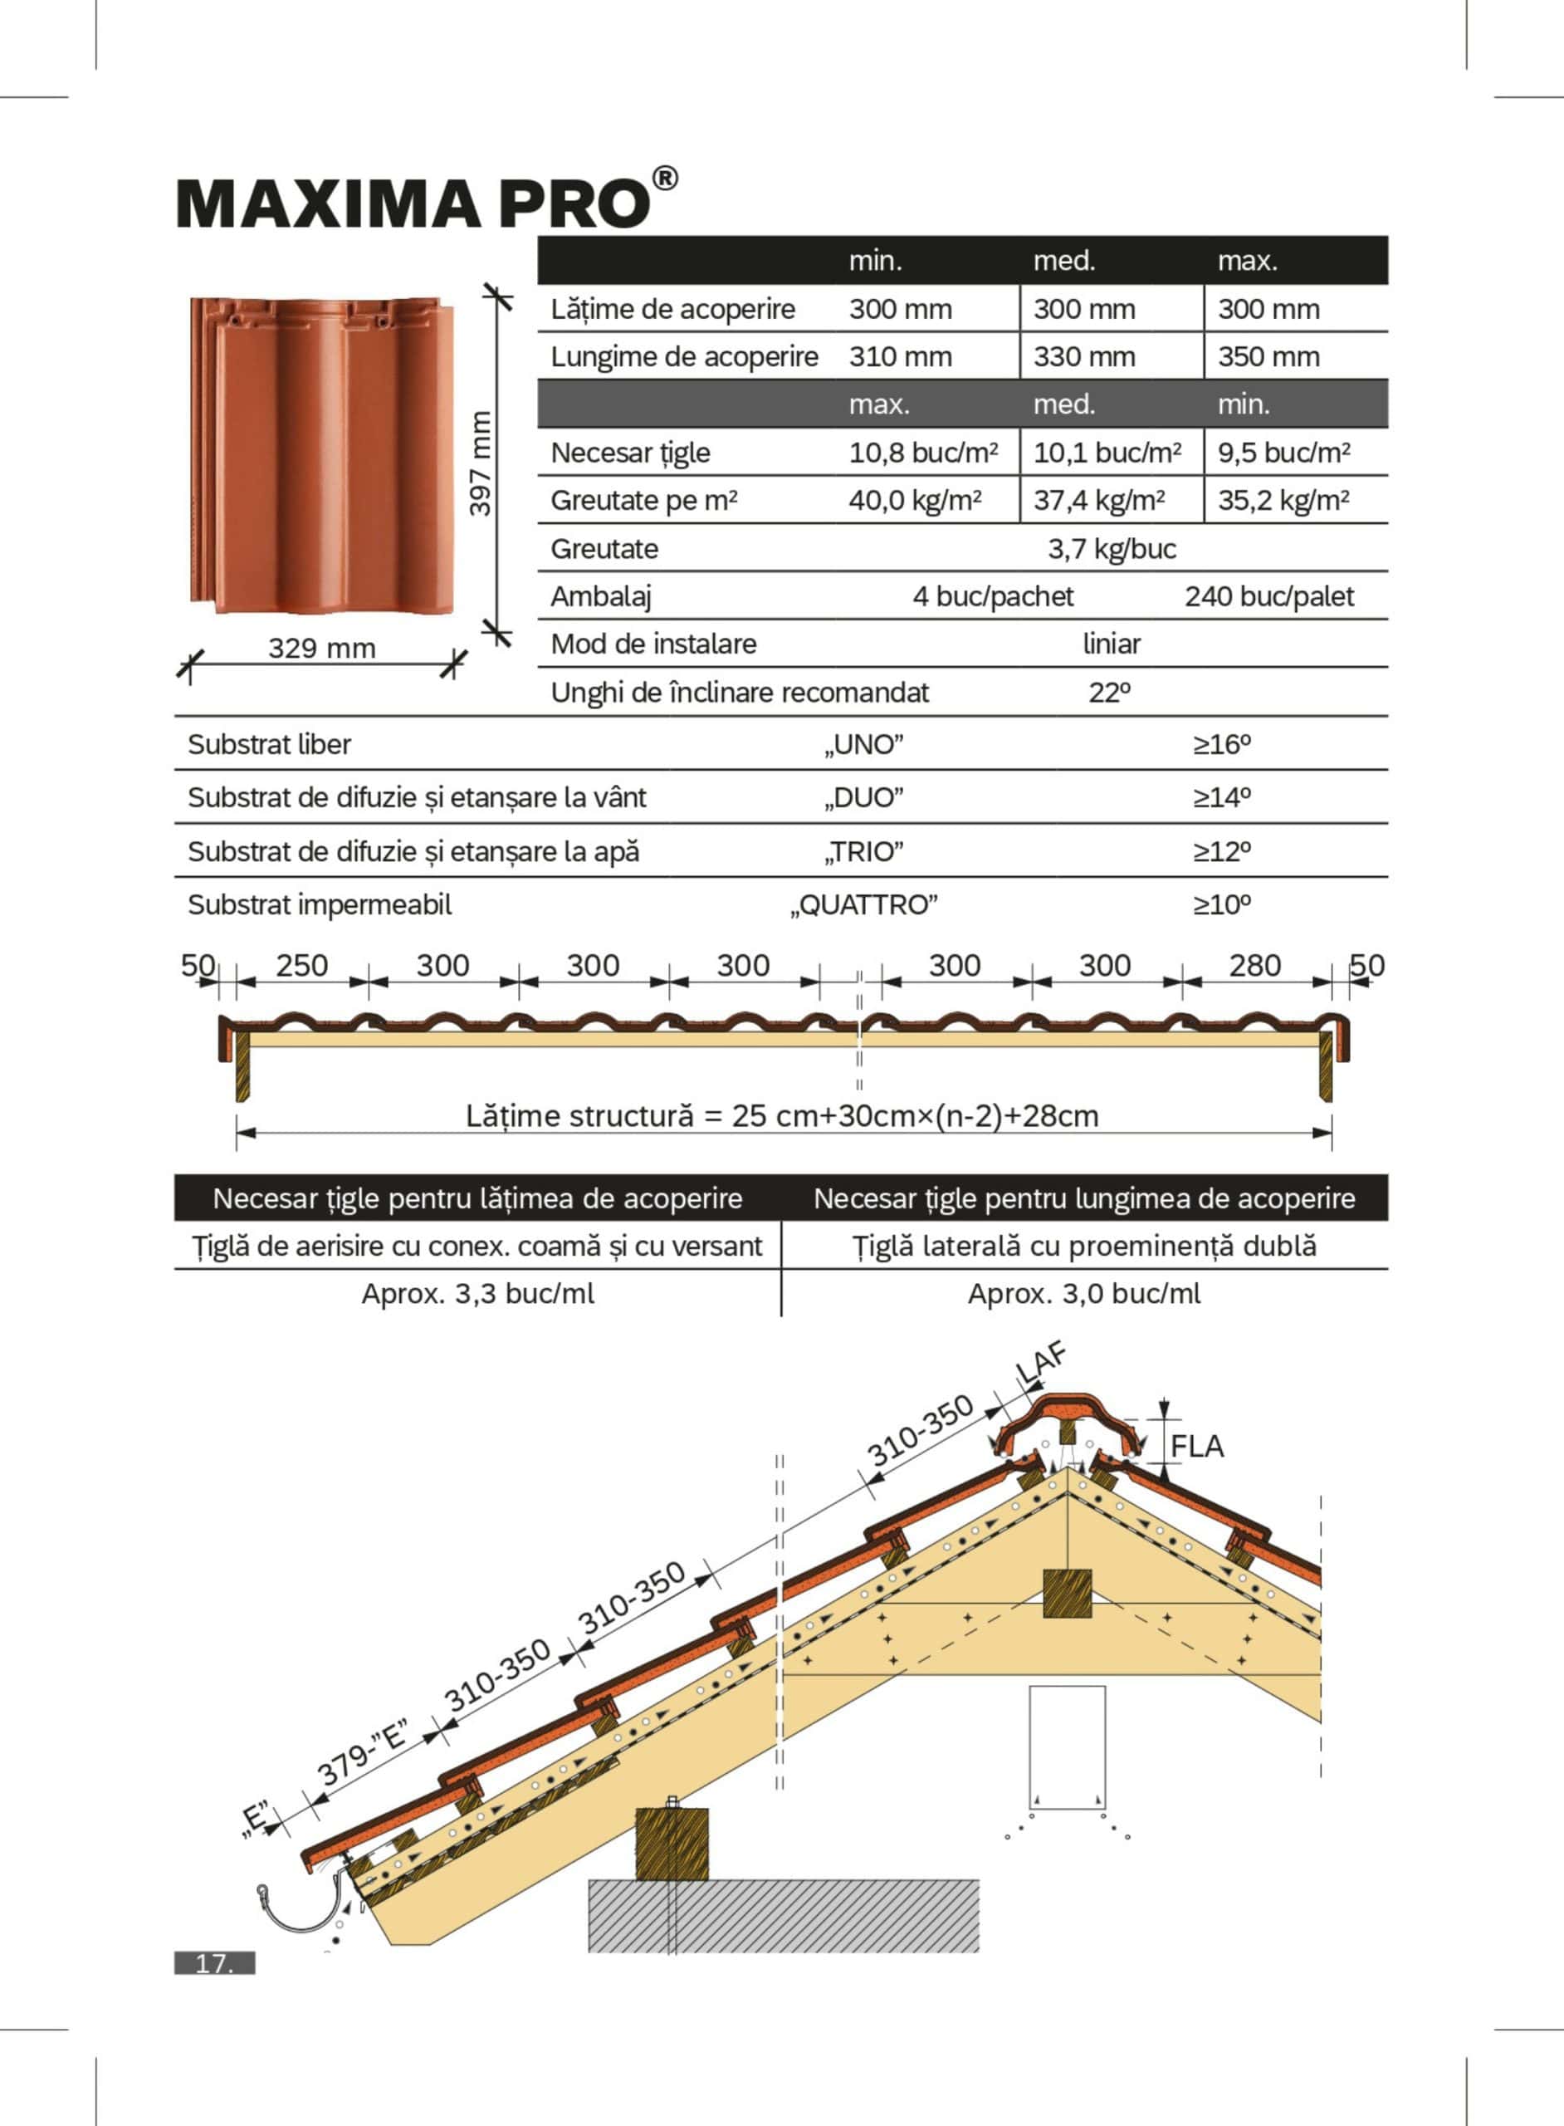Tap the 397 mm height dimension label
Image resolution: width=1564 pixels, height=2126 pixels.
point(481,463)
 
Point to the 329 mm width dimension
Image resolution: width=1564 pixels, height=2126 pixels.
point(322,649)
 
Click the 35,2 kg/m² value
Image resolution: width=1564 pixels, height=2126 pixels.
point(1283,500)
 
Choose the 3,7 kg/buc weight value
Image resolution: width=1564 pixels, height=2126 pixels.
point(1112,549)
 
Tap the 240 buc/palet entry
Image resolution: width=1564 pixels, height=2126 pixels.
point(1268,596)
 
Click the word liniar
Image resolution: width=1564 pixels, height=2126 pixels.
point(1112,644)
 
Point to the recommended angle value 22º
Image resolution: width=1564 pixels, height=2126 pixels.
point(1110,693)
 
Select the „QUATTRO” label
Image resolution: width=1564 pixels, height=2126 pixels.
point(863,905)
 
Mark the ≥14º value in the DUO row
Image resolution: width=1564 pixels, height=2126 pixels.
point(1221,798)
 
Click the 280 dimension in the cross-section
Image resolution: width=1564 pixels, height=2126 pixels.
point(1254,966)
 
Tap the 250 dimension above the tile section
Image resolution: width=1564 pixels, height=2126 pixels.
point(302,966)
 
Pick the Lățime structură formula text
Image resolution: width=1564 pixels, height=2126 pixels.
point(782,1116)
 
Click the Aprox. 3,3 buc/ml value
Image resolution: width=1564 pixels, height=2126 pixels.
point(478,1295)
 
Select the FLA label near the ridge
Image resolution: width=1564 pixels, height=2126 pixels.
point(1197,1447)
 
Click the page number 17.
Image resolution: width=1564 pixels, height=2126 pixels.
point(215,1963)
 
